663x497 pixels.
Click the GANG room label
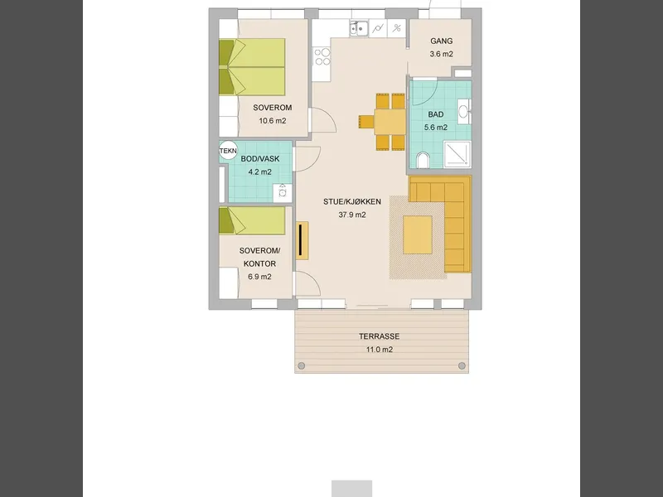[x=442, y=41]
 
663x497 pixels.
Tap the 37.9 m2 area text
[x=352, y=215]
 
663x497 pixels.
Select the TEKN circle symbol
[x=228, y=151]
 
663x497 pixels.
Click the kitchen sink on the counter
[x=359, y=29]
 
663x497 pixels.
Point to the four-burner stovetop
[x=322, y=57]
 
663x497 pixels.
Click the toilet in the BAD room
[x=423, y=160]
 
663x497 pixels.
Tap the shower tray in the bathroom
[x=457, y=155]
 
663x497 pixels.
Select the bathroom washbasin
[x=464, y=112]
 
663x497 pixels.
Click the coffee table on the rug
[x=418, y=234]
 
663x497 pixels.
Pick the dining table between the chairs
[x=390, y=122]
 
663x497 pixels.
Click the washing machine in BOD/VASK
[x=282, y=193]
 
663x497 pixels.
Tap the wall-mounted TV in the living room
[x=301, y=240]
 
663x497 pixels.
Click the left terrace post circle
[x=302, y=365]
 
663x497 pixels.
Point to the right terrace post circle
[x=462, y=365]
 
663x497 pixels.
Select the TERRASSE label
[x=380, y=336]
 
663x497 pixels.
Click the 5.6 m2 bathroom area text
[x=436, y=128]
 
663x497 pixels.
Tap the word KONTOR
[x=259, y=263]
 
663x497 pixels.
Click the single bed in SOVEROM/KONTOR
[x=252, y=220]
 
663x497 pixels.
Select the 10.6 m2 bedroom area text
[x=273, y=121]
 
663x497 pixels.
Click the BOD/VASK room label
[x=260, y=159]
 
